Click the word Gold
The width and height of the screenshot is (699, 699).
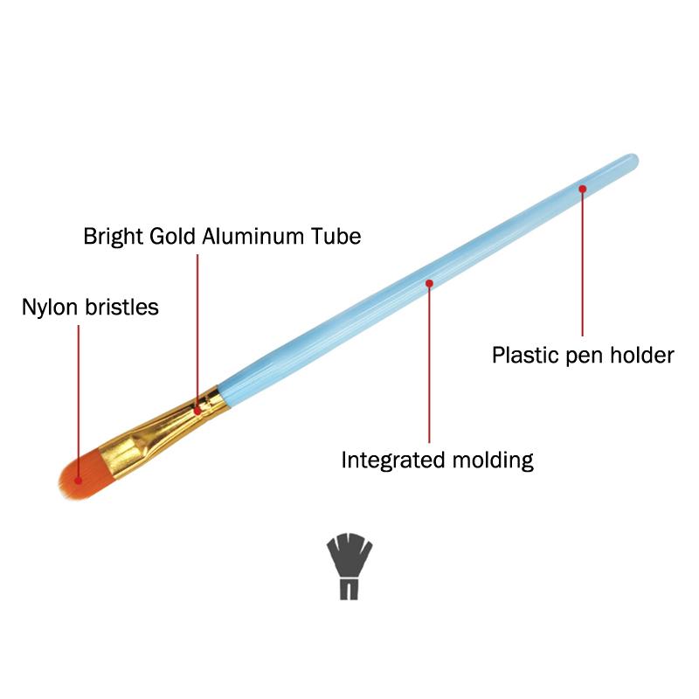click(x=171, y=236)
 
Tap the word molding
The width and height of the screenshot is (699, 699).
click(x=492, y=460)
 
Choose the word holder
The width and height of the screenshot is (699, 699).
click(x=642, y=356)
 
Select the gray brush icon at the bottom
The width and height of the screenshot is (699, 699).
click(x=349, y=566)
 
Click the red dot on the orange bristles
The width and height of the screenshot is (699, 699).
click(x=78, y=479)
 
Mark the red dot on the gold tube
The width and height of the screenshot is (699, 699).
click(x=198, y=409)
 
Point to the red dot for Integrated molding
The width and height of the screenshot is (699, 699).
click(x=429, y=282)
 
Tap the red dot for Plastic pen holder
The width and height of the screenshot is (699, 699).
click(x=582, y=187)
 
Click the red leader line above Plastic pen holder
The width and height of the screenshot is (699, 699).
click(x=582, y=262)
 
